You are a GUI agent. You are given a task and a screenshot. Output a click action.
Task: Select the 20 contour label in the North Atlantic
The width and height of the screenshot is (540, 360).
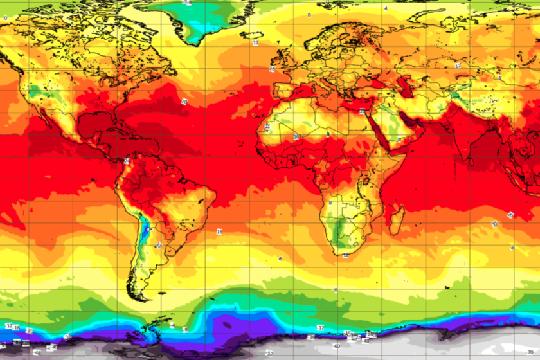tap(184, 102)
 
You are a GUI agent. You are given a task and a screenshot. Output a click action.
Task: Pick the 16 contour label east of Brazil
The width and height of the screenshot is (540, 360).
tap(219, 231)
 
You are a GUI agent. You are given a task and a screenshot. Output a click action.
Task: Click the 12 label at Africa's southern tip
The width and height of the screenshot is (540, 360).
tap(345, 255)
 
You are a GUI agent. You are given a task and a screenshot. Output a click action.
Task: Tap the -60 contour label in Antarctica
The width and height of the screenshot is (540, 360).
tap(336, 346)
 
